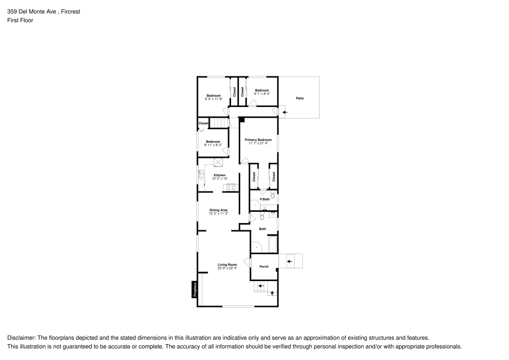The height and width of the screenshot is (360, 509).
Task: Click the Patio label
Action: point(300,98)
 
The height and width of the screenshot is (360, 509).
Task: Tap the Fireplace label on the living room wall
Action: point(194,290)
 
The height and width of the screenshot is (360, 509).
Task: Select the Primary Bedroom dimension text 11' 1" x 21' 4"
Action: point(258,144)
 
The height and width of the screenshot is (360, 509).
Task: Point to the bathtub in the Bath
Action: point(273,244)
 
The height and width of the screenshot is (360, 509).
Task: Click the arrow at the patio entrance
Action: point(285,112)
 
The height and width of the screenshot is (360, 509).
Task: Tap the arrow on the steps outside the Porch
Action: point(290,262)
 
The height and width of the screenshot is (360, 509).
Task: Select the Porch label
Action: point(264,267)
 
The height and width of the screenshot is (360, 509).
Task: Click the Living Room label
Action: point(228,265)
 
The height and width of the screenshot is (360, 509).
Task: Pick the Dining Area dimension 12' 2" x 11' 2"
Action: point(218,214)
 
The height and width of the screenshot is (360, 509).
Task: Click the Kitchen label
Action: point(219,175)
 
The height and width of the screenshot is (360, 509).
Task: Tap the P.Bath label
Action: point(265,199)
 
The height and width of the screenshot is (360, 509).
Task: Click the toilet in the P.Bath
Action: point(273,195)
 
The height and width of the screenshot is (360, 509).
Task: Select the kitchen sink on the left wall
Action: point(201,176)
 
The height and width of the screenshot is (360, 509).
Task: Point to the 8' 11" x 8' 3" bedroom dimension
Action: point(213,145)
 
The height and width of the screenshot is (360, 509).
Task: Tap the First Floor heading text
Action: point(20,20)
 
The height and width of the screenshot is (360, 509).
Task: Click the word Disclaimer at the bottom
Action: point(21,338)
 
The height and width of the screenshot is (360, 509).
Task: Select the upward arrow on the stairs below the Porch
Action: point(272,293)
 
